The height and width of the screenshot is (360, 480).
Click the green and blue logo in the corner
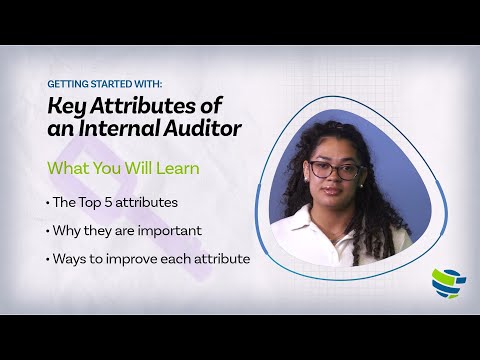pyautogui.click(x=445, y=282)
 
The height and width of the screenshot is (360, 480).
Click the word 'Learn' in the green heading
pyautogui.click(x=176, y=167)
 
